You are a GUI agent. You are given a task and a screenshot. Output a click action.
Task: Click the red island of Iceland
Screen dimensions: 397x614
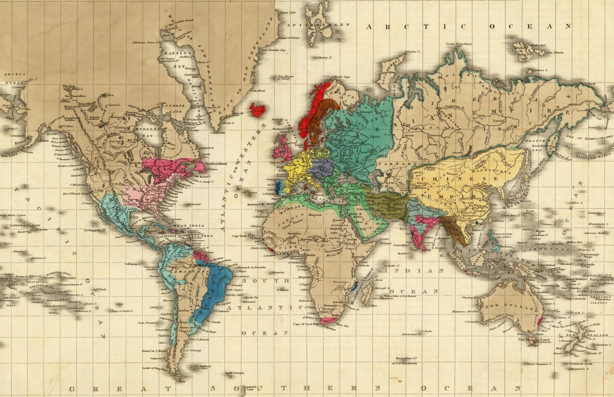(258, 109)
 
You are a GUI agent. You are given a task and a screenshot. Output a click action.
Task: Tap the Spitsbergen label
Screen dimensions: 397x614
(318, 25)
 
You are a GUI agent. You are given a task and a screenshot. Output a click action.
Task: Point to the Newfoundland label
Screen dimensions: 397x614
(216, 163)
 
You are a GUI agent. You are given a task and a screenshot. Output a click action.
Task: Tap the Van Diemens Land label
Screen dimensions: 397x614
(533, 339)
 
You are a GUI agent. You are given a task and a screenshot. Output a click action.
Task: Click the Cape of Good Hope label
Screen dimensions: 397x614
(306, 324)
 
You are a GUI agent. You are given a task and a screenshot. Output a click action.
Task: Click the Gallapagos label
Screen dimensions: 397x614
(133, 264)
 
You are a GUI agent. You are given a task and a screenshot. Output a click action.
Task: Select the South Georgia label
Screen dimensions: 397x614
(234, 373)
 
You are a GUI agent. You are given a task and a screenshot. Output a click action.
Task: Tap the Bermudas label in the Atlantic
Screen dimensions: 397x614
(194, 204)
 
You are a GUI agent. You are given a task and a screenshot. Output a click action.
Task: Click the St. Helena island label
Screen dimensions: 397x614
(283, 290)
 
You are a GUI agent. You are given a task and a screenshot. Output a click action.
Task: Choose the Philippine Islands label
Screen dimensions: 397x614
(502, 235)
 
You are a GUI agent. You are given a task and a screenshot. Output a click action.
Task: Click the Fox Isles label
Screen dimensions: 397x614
(9, 155)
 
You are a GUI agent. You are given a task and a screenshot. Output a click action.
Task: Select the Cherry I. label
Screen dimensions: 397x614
(325, 58)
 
